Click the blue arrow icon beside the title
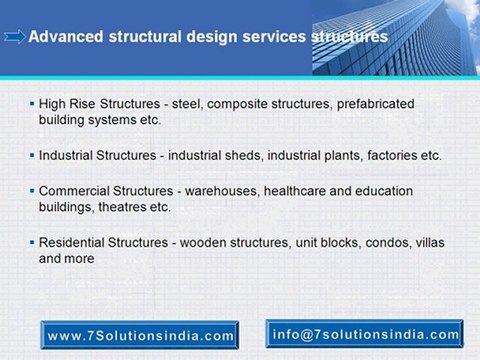pyautogui.click(x=15, y=37)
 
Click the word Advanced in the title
pyautogui.click(x=66, y=36)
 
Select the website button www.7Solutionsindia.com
pyautogui.click(x=140, y=335)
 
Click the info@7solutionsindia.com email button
pyautogui.click(x=365, y=334)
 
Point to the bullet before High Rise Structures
pyautogui.click(x=32, y=104)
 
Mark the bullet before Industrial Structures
pyautogui.click(x=32, y=155)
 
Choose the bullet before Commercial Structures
pyautogui.click(x=32, y=191)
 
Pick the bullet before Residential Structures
pyautogui.click(x=32, y=242)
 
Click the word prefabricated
pyautogui.click(x=376, y=104)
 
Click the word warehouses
pyautogui.click(x=222, y=191)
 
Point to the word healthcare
pyautogui.click(x=294, y=191)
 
